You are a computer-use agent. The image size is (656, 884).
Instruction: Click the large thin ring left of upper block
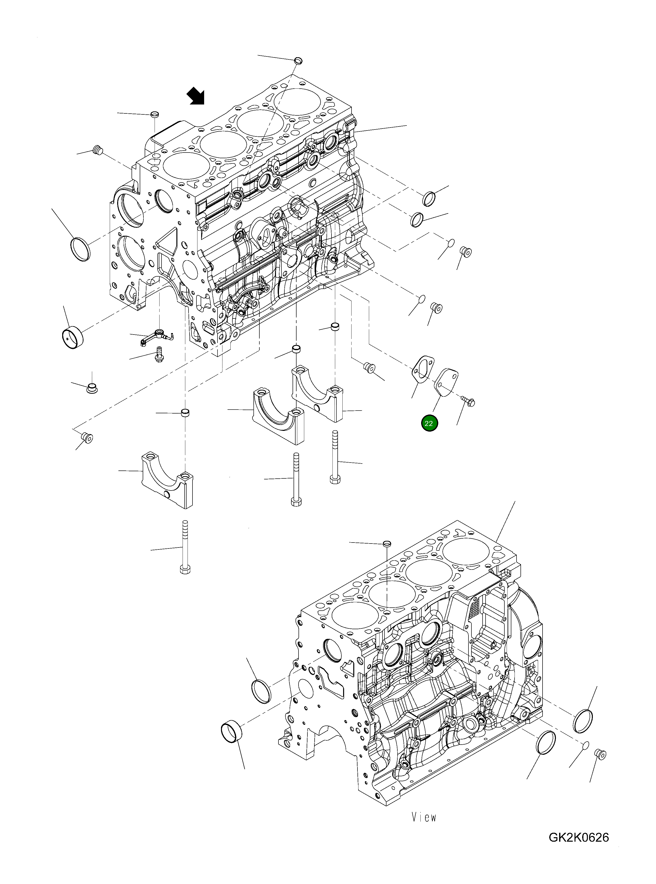(81, 249)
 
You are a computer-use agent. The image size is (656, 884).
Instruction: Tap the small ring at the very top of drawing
(298, 60)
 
